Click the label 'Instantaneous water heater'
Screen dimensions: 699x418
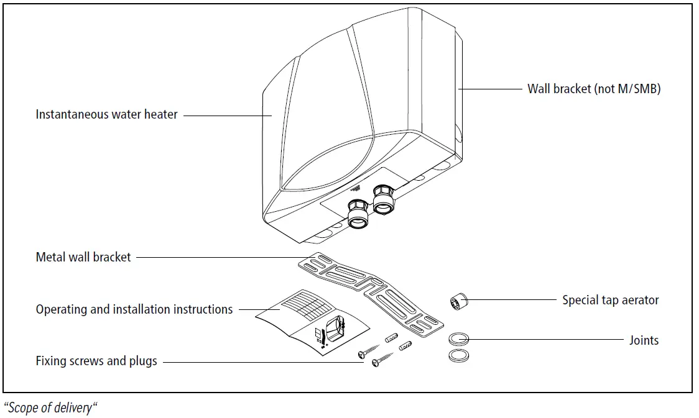point(106,114)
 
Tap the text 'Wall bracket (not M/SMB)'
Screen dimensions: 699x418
point(594,89)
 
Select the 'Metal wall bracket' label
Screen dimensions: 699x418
point(83,257)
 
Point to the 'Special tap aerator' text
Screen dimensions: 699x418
point(610,300)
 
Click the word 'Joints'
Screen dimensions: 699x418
point(644,340)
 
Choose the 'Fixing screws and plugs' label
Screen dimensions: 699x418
point(96,361)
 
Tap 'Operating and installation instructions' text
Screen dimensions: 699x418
point(134,309)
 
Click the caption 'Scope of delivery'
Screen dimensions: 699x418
point(50,408)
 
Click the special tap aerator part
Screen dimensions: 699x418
point(459,301)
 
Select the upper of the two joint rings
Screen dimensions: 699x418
point(459,338)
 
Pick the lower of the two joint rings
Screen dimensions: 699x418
point(459,355)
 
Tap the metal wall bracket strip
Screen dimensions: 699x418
point(371,294)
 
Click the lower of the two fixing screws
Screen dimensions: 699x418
point(383,359)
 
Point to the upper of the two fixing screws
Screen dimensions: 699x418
point(369,351)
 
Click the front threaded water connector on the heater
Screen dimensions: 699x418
point(358,214)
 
